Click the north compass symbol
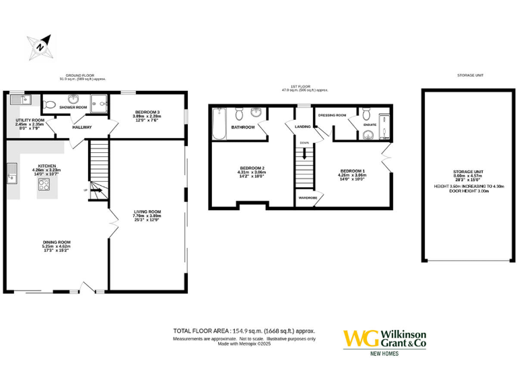click(x=40, y=47)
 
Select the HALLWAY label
click(x=82, y=127)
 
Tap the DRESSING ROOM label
click(x=332, y=115)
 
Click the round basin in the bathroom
click(x=257, y=112)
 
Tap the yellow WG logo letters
click(x=359, y=338)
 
